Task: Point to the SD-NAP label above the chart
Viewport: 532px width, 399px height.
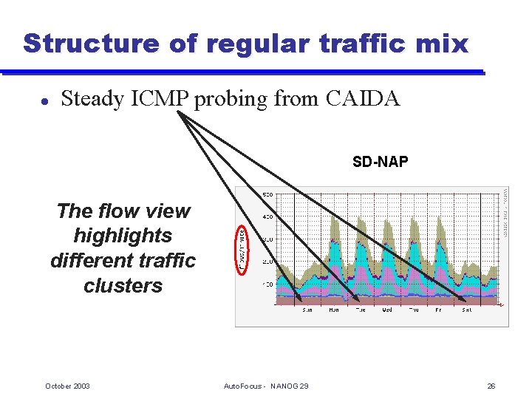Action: click(380, 162)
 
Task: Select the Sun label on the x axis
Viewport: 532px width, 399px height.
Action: click(307, 310)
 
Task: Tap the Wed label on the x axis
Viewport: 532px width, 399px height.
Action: click(387, 310)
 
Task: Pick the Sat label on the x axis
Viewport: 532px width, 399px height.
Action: click(466, 310)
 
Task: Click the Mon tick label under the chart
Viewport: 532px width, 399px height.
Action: click(334, 310)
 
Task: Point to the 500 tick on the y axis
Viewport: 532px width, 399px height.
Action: click(267, 194)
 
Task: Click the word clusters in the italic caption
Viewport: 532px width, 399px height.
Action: click(123, 286)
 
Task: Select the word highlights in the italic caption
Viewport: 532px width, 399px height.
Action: click(123, 236)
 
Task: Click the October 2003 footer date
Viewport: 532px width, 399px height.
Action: click(67, 386)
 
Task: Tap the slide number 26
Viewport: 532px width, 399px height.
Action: click(491, 386)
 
